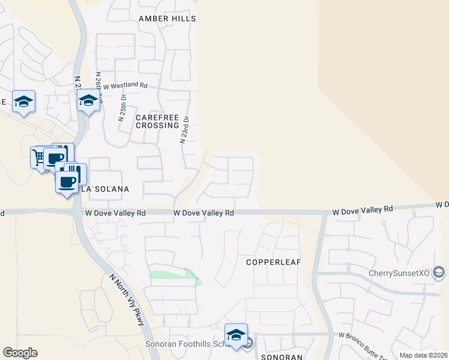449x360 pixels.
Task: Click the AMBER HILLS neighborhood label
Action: [167, 19]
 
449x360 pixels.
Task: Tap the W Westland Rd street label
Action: [125, 86]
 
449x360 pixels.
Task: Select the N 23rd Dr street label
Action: [185, 130]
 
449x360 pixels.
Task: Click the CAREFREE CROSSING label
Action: [157, 121]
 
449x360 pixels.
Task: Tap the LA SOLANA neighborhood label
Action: [105, 189]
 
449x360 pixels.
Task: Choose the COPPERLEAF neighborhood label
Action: [273, 262]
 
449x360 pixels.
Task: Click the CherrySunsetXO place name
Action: [400, 274]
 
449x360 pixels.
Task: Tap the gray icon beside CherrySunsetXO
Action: [439, 274]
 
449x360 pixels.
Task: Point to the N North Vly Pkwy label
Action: [127, 300]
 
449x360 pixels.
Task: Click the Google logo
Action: [20, 353]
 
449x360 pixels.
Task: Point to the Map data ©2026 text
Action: [423, 355]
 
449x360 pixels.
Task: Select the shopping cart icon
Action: [40, 157]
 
